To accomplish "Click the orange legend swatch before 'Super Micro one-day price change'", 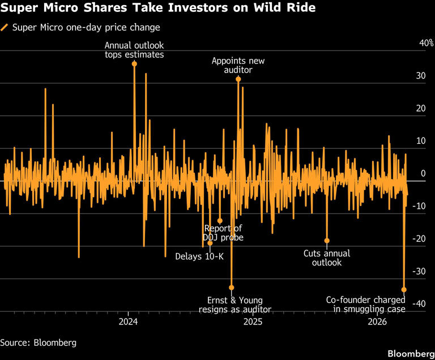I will [x=5, y=27].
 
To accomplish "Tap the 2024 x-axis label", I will [x=128, y=322].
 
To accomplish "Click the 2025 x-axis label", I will [x=252, y=322].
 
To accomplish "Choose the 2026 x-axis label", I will [x=377, y=322].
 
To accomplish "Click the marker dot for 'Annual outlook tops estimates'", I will [x=134, y=64].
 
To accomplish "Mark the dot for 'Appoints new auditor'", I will [x=238, y=79].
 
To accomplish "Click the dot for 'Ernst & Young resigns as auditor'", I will [x=231, y=288].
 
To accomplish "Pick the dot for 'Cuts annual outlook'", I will [x=327, y=241].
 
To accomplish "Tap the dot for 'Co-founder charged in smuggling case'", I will [x=404, y=289].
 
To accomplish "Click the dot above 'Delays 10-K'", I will [x=210, y=243].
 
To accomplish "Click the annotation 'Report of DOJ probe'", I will [x=223, y=233].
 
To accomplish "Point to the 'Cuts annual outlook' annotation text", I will [x=327, y=258].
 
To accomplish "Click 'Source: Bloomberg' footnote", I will [x=38, y=342].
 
